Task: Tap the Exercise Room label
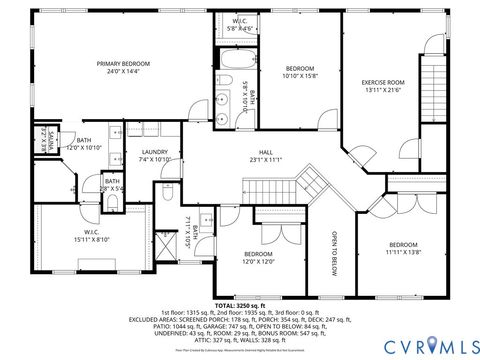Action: click(383, 85)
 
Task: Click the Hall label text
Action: click(266, 155)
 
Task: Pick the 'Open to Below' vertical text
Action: click(334, 254)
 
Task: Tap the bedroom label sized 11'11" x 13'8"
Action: click(403, 248)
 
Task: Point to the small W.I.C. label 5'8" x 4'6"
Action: click(240, 24)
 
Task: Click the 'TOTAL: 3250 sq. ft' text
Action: click(240, 306)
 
